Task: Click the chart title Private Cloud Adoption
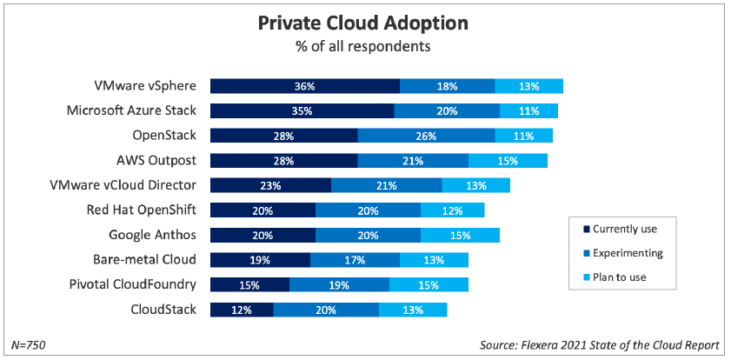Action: coord(366,23)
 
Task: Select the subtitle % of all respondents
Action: coord(366,45)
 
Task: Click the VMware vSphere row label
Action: coord(145,86)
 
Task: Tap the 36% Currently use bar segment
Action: coord(304,86)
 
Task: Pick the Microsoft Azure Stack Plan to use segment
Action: coord(528,110)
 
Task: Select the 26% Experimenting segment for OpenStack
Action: coord(426,136)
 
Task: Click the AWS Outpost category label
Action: coord(156,161)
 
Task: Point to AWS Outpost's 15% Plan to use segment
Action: coord(508,161)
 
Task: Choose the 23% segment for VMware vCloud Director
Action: coord(270,185)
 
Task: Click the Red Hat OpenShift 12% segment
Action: coord(452,210)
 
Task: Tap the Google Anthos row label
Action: coord(152,235)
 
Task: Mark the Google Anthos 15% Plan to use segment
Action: coord(460,235)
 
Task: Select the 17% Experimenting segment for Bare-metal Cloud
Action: coord(355,260)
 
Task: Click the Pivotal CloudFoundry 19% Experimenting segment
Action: coord(339,284)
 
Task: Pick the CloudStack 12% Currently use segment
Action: coord(242,310)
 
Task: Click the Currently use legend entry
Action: coord(619,229)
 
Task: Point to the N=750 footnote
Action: coord(29,345)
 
